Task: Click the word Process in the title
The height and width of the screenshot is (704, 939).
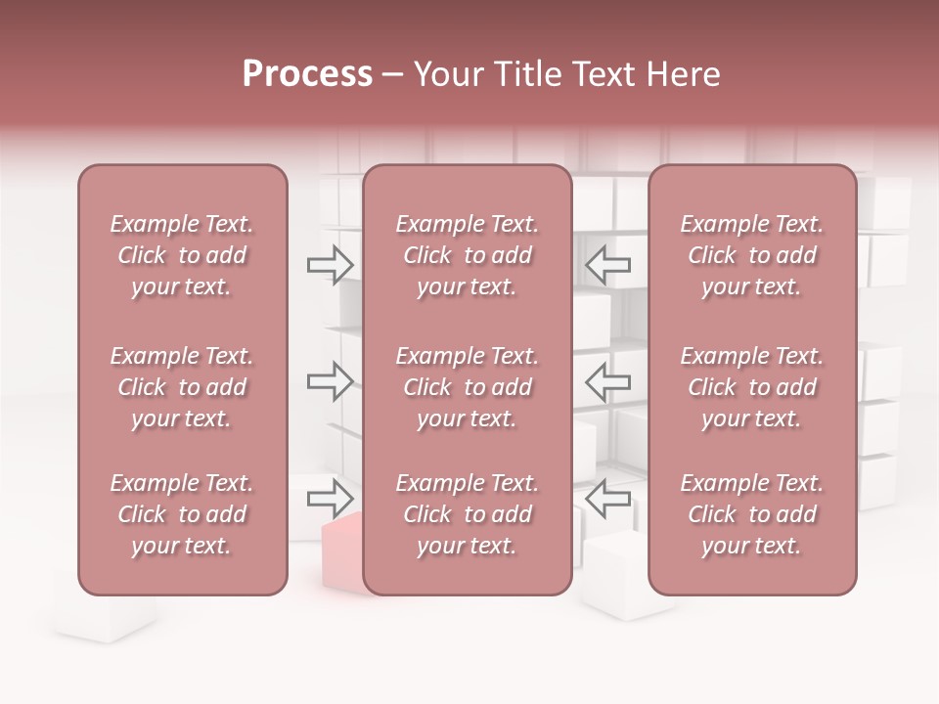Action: [x=307, y=74]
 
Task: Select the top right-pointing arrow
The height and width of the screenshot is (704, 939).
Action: [x=331, y=264]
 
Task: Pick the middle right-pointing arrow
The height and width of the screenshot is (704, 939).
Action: [x=331, y=381]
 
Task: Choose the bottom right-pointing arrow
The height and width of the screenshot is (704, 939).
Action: [x=331, y=499]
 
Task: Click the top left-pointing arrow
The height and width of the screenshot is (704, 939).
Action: [x=608, y=264]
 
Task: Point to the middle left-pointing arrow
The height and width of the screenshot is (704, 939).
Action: [x=608, y=381]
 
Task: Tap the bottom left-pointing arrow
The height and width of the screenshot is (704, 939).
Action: [x=608, y=499]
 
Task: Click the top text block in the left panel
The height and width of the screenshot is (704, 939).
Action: [x=182, y=255]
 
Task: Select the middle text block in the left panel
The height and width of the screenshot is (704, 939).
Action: [x=182, y=387]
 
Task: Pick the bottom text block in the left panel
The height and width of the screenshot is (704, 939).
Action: [x=182, y=514]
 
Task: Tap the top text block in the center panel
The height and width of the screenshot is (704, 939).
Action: [x=467, y=255]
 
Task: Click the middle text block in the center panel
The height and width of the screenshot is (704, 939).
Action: [x=467, y=387]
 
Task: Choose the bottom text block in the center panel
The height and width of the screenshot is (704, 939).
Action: [x=467, y=514]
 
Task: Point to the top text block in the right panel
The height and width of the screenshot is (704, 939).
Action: [x=752, y=255]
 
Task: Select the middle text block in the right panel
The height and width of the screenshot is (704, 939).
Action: [x=752, y=387]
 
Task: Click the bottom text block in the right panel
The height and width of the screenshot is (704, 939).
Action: [x=752, y=514]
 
